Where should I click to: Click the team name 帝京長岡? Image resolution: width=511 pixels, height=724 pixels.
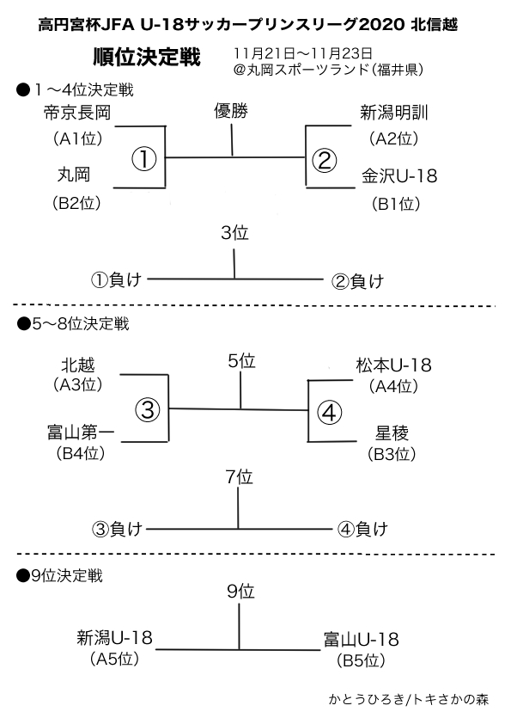77,113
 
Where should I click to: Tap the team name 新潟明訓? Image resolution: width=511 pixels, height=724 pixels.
394,113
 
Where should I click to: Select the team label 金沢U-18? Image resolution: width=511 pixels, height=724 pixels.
399,176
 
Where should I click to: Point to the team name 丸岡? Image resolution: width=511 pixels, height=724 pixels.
74,175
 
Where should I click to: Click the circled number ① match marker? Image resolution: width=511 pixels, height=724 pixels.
144,159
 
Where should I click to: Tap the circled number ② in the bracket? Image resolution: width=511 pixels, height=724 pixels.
325,160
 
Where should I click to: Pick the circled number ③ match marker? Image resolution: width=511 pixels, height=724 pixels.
148,409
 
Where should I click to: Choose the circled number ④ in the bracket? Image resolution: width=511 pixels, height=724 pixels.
329,413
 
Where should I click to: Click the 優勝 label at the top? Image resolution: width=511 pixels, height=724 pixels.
231,111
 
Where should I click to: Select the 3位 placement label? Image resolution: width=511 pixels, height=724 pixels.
234,233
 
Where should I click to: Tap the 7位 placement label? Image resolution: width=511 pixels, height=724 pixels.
240,477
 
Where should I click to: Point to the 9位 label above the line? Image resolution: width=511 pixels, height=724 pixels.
240,592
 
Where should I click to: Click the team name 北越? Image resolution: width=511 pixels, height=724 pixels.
78,365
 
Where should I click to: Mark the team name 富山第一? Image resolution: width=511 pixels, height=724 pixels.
81,433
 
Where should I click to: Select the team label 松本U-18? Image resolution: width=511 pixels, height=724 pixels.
394,365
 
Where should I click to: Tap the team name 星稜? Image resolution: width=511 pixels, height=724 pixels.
392,433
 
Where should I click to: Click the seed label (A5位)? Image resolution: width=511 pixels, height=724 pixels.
115,659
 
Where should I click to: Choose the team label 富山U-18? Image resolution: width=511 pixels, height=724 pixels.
361,640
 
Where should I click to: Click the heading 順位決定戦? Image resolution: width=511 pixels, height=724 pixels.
147,57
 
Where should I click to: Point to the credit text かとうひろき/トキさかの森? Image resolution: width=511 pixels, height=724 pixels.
409,699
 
